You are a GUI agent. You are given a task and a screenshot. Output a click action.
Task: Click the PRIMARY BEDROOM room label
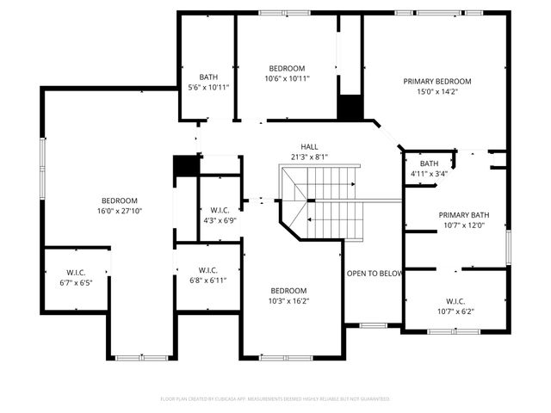437,82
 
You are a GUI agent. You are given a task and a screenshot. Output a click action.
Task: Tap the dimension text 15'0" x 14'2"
437,92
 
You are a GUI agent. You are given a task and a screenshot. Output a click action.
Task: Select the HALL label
309,146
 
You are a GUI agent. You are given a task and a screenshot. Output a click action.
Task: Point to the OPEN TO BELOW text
375,274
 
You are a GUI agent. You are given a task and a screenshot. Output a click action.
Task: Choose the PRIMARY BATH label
463,215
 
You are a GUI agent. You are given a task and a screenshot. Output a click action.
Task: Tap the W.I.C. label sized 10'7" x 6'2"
455,301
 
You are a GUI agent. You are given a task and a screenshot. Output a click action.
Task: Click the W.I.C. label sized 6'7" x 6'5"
75,273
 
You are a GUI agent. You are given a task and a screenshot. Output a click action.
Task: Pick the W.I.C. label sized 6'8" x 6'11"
207,270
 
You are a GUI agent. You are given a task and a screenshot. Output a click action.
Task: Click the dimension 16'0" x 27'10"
119,210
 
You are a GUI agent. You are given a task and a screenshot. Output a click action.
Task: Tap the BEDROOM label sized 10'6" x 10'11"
287,69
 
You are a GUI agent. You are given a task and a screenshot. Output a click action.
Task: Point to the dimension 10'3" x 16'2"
288,301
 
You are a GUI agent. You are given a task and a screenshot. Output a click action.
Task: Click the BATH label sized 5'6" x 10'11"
207,77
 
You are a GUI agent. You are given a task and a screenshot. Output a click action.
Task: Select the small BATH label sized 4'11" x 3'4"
429,163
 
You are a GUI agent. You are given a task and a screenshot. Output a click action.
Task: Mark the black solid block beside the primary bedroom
349,108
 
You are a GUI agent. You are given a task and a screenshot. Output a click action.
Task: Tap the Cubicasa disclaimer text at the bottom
275,399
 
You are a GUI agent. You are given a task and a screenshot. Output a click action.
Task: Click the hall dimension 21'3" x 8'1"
309,157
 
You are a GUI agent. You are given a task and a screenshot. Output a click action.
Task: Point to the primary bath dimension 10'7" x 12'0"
463,225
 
